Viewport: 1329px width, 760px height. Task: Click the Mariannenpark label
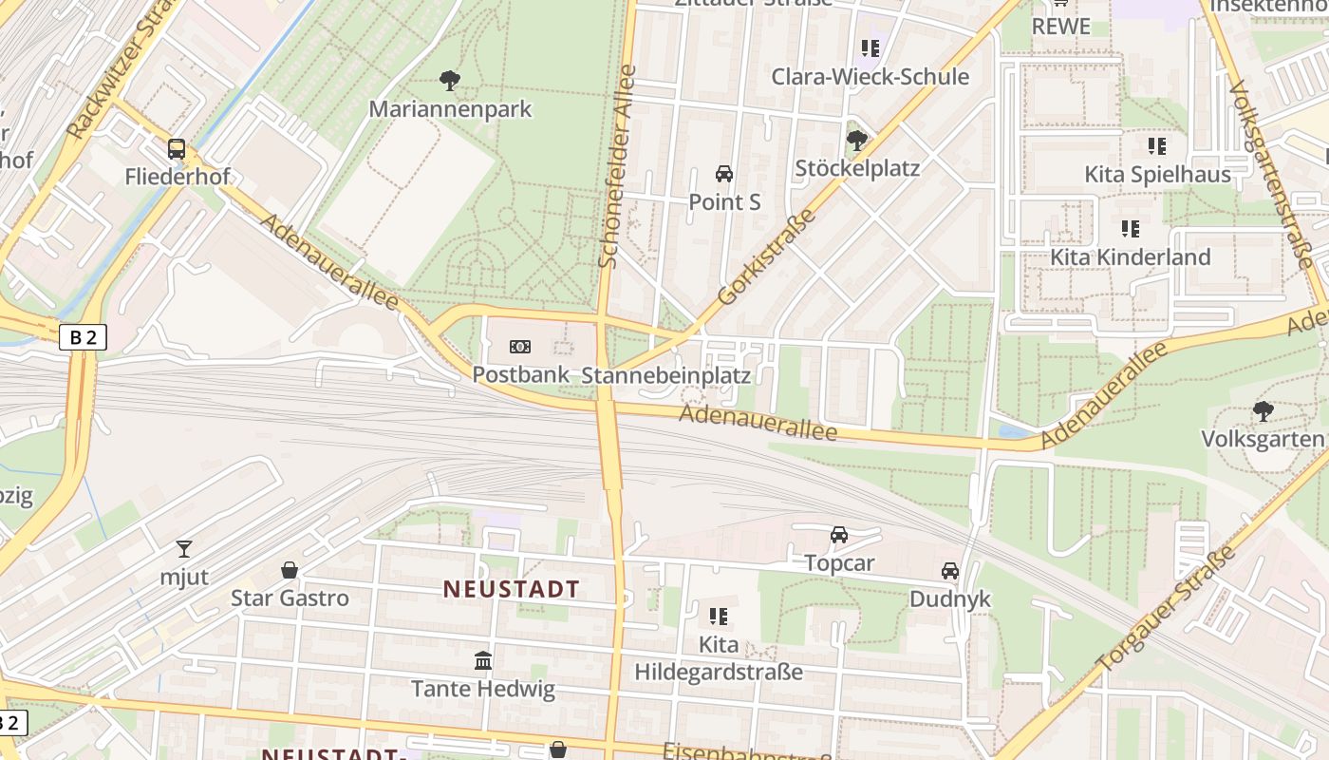[x=451, y=109]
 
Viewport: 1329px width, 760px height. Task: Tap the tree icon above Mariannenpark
[x=451, y=81]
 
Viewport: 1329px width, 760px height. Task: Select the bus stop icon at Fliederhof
[x=177, y=149]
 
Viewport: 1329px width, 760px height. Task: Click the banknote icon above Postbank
[x=520, y=347]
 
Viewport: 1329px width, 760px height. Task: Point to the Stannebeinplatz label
[x=665, y=375]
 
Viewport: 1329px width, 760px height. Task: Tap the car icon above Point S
[x=724, y=174]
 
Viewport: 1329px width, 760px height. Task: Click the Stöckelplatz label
[x=857, y=169]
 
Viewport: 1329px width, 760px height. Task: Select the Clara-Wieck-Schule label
[x=870, y=77]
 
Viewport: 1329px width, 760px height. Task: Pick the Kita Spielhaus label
[x=1157, y=175]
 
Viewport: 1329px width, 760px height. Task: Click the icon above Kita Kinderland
[x=1130, y=229]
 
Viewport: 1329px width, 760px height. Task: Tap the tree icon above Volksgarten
[x=1263, y=411]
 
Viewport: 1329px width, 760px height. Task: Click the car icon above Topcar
[x=839, y=536]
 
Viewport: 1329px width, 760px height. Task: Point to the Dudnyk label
[x=949, y=598]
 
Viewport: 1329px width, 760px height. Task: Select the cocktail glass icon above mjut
[x=184, y=548]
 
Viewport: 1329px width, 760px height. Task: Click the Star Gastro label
[x=290, y=598]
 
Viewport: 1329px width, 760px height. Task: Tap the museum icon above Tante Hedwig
[x=483, y=660]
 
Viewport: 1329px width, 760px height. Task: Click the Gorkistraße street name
[x=768, y=257]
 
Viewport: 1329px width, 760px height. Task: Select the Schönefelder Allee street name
[x=616, y=166]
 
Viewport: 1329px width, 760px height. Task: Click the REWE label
[x=1060, y=27]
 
